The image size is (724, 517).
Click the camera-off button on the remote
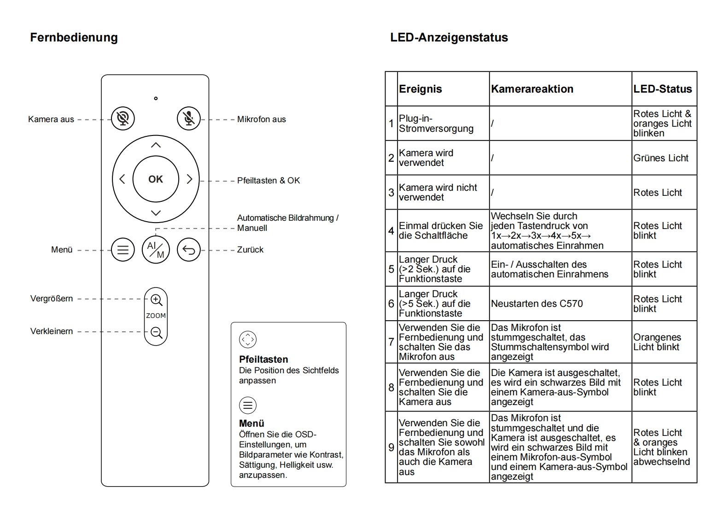[x=123, y=118]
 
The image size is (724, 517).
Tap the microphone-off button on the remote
[x=189, y=118]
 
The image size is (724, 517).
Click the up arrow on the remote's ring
[x=156, y=145]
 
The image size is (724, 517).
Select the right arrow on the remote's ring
[x=189, y=179]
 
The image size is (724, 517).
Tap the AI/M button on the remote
[x=156, y=250]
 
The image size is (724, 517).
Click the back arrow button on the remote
[x=189, y=250]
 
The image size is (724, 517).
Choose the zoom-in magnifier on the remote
[x=156, y=300]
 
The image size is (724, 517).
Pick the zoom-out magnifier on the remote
[x=156, y=332]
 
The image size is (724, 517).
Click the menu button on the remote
[x=123, y=250]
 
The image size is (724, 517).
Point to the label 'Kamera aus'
[x=51, y=119]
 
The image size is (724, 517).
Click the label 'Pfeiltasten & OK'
[x=268, y=181]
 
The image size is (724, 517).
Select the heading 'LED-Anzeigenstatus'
[x=449, y=37]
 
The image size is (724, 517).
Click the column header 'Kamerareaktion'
[x=532, y=89]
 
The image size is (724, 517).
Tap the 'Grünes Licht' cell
[x=660, y=158]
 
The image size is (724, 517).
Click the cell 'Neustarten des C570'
[x=537, y=304]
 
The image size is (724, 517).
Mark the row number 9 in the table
[x=391, y=447]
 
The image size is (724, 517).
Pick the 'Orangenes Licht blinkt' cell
[x=657, y=342]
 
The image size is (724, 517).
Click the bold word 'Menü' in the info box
[x=251, y=423]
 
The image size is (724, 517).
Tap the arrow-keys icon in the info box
[x=248, y=340]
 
